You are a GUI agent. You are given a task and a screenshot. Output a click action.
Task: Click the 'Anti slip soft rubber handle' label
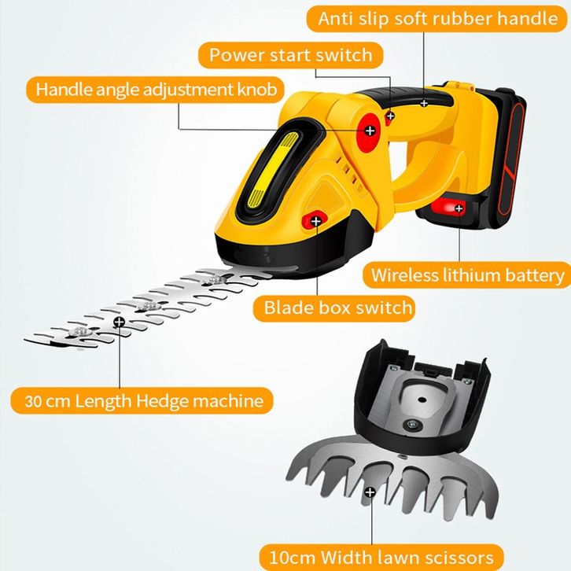(438, 19)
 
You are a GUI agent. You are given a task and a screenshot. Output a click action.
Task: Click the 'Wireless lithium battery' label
(467, 275)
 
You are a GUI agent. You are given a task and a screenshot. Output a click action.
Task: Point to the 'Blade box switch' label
(338, 307)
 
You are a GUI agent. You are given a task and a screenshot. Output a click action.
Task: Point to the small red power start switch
(389, 116)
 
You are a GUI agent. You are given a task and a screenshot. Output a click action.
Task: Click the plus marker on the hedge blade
(119, 322)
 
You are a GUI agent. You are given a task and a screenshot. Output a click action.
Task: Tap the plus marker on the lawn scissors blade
(370, 492)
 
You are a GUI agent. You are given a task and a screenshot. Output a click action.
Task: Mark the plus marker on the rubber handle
(424, 102)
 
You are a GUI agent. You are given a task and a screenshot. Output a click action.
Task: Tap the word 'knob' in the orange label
(257, 89)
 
